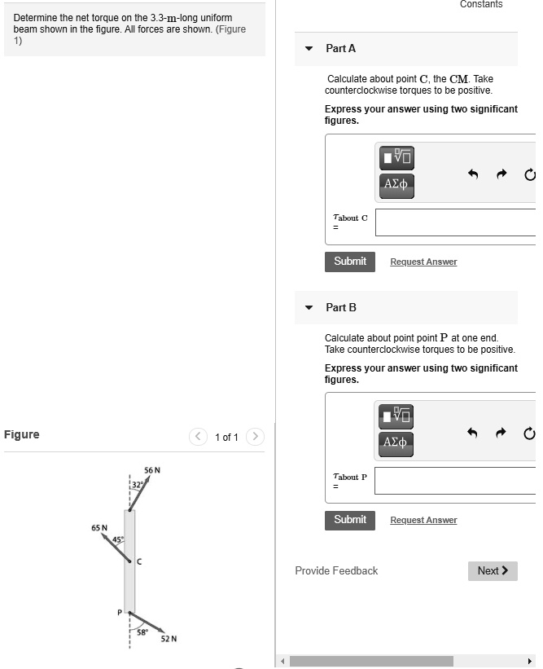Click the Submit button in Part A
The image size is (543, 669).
pyautogui.click(x=350, y=262)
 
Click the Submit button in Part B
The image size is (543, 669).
pyautogui.click(x=350, y=520)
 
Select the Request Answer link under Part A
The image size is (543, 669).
pyautogui.click(x=423, y=262)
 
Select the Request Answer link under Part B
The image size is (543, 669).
pyautogui.click(x=423, y=521)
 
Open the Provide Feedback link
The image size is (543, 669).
pyautogui.click(x=336, y=571)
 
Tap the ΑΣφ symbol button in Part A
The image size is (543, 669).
pyautogui.click(x=396, y=183)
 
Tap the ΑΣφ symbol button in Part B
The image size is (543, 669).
pyautogui.click(x=396, y=441)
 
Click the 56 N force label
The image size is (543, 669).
pyautogui.click(x=152, y=471)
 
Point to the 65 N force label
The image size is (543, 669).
pyautogui.click(x=99, y=528)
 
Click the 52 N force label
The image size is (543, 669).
pyautogui.click(x=169, y=639)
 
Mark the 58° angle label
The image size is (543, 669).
pyautogui.click(x=142, y=632)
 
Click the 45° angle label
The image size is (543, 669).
pyautogui.click(x=119, y=539)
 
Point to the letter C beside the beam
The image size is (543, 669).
pyautogui.click(x=139, y=561)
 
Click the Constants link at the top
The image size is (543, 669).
pyautogui.click(x=481, y=5)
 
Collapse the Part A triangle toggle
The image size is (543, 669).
pyautogui.click(x=309, y=49)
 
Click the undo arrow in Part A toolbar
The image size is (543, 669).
pyautogui.click(x=471, y=174)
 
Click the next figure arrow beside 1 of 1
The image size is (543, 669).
pyautogui.click(x=255, y=437)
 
